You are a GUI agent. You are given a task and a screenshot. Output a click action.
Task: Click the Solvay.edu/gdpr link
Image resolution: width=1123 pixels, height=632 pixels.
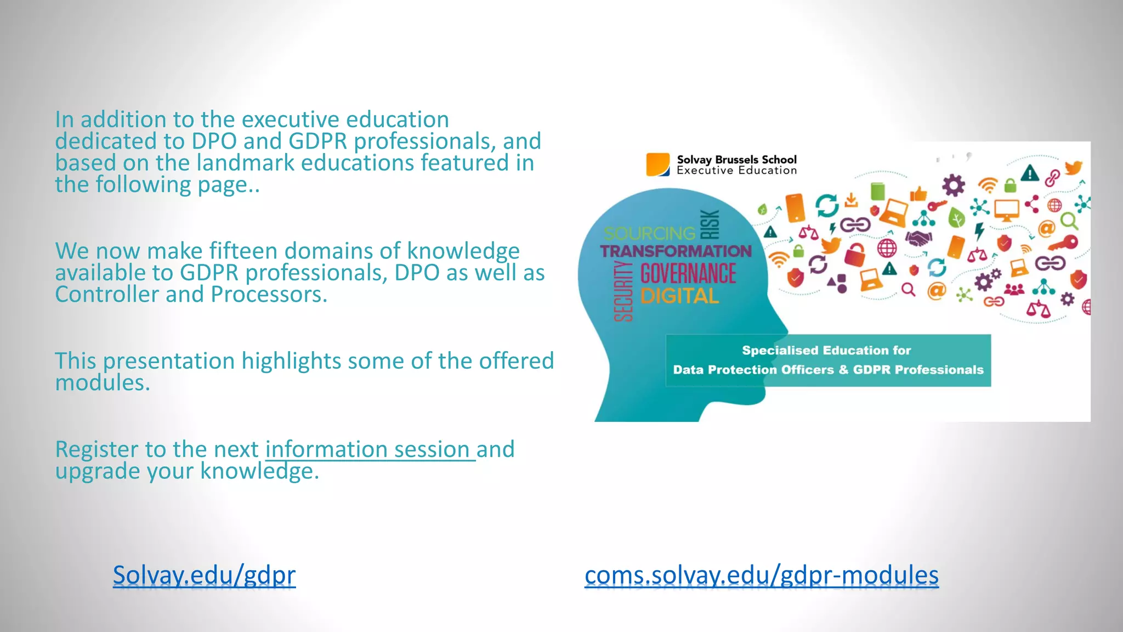pyautogui.click(x=204, y=575)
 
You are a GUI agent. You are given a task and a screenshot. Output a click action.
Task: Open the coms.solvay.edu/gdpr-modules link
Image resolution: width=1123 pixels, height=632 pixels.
pyautogui.click(x=761, y=575)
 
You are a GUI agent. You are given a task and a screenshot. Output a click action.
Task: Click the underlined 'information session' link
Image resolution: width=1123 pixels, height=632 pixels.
pyautogui.click(x=370, y=449)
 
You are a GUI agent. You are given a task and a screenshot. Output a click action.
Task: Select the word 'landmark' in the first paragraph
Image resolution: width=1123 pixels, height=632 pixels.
pyautogui.click(x=245, y=163)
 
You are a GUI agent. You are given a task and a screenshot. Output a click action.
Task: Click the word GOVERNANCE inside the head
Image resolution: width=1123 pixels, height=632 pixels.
pyautogui.click(x=688, y=274)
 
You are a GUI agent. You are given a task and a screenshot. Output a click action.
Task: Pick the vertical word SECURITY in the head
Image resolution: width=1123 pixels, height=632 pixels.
pyautogui.click(x=623, y=291)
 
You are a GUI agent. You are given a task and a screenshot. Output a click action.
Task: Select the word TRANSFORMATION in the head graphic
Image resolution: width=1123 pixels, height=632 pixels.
pyautogui.click(x=676, y=251)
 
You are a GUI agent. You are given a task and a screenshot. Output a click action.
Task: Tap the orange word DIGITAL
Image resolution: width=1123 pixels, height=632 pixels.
pyautogui.click(x=679, y=296)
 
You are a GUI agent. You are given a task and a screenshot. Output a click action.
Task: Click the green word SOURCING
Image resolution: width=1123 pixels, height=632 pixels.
pyautogui.click(x=649, y=234)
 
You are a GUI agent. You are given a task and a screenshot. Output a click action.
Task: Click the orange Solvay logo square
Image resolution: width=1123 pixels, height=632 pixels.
pyautogui.click(x=657, y=165)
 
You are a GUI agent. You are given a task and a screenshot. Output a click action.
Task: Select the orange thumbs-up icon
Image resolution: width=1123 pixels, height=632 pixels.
pyautogui.click(x=918, y=193)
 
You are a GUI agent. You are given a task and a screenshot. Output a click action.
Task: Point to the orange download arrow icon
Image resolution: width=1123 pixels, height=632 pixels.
pyautogui.click(x=851, y=200)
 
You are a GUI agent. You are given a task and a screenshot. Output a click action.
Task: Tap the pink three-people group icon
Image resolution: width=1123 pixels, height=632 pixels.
pyautogui.click(x=1014, y=289)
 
